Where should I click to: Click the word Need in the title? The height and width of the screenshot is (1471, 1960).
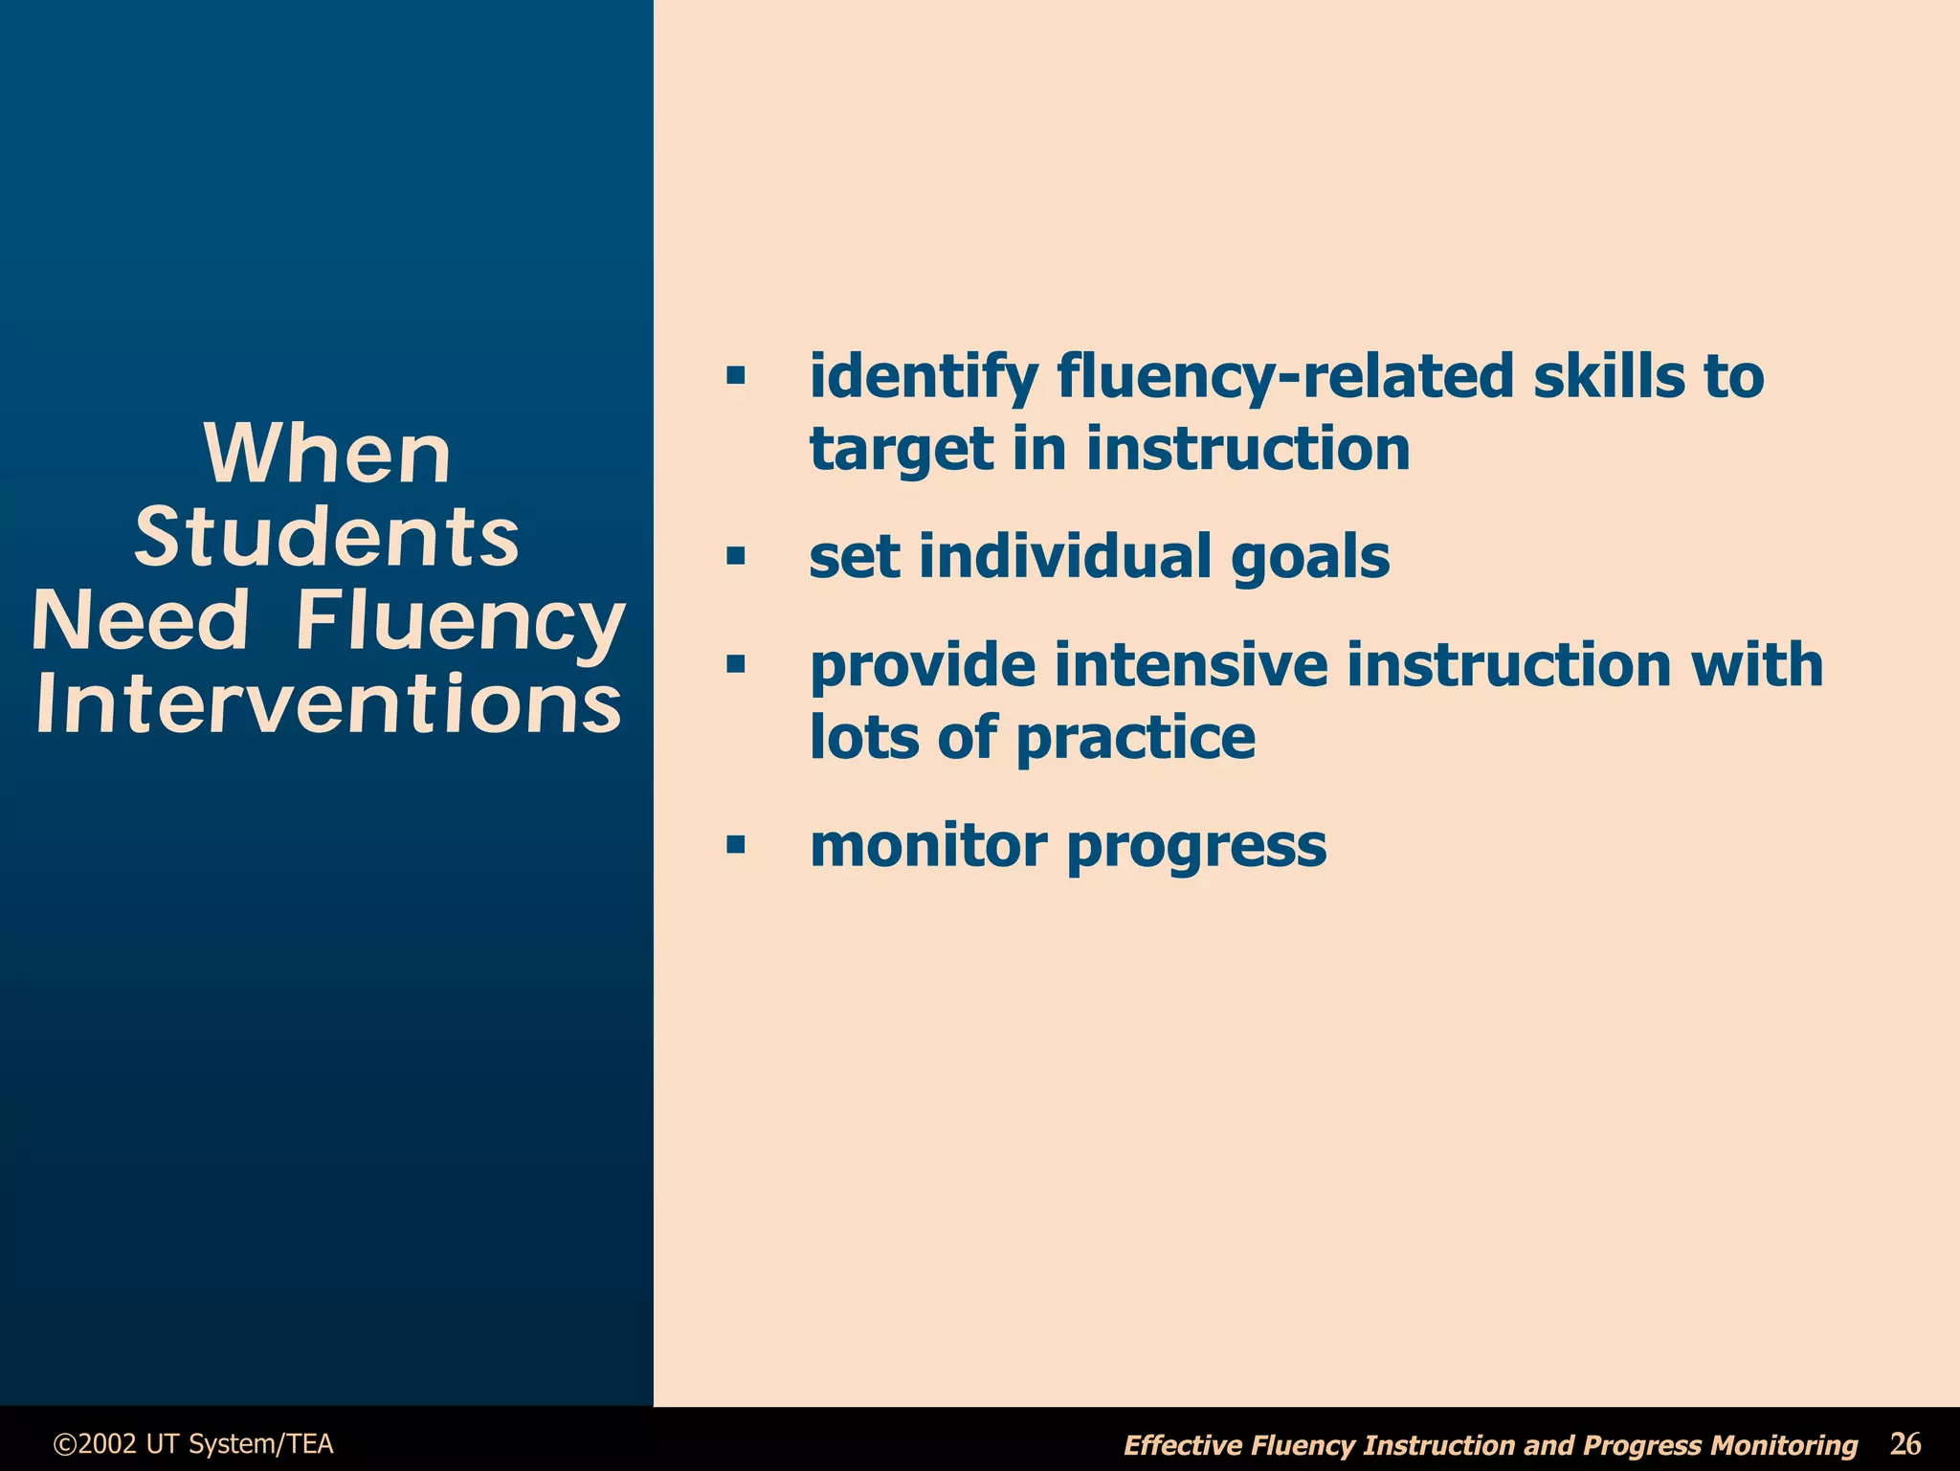[x=141, y=620]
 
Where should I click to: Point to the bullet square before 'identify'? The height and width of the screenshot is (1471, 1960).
[x=735, y=375]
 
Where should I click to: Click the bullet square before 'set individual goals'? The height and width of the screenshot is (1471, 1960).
[x=735, y=556]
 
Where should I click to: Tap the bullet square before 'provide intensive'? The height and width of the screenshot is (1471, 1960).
[x=735, y=664]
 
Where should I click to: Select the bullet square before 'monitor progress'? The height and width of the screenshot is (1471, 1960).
[x=735, y=845]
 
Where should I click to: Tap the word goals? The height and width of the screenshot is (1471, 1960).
[x=1309, y=558]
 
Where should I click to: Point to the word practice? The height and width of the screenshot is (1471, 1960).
[x=1135, y=739]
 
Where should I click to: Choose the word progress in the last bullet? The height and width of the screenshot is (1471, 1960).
[x=1196, y=847]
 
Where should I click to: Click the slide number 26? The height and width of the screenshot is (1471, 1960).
[x=1904, y=1442]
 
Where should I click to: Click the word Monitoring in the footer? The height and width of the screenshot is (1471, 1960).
[x=1783, y=1445]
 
